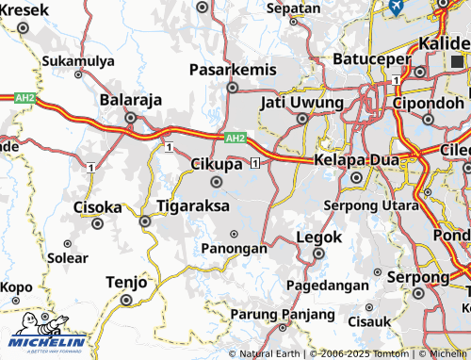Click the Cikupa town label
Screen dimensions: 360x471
(x=217, y=164)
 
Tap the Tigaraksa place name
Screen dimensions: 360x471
(x=191, y=204)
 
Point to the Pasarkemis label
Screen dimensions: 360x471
(x=233, y=70)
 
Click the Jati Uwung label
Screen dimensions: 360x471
(x=301, y=101)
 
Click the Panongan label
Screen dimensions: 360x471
(x=234, y=249)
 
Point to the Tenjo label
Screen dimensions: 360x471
(x=126, y=282)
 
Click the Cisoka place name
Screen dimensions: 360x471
(x=97, y=206)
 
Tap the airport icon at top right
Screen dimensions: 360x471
(x=396, y=6)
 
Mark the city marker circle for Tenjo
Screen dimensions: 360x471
(x=126, y=301)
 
